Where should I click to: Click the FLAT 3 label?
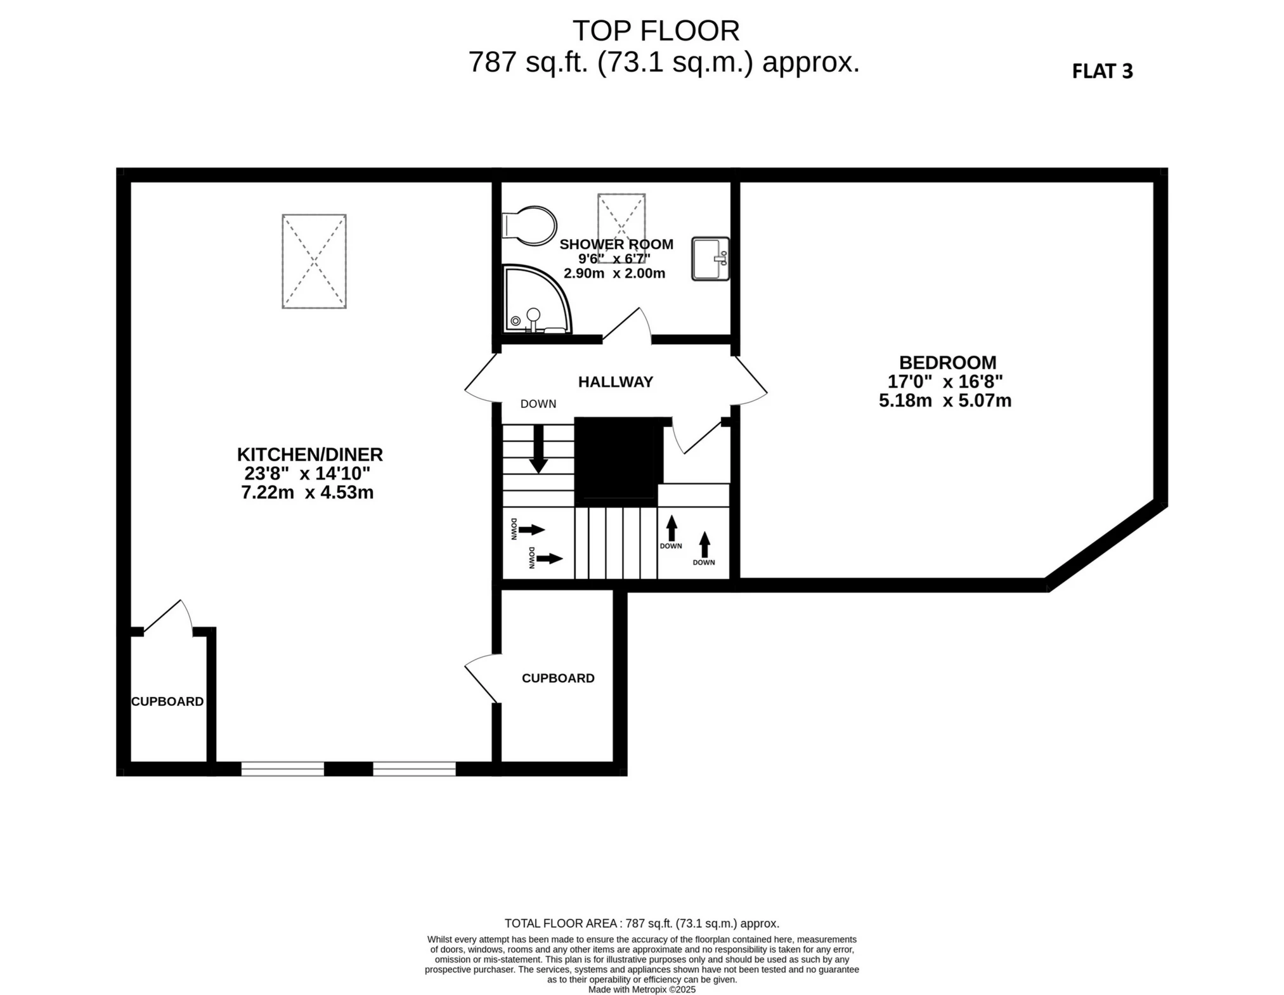pyautogui.click(x=1101, y=71)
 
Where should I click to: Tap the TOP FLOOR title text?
pyautogui.click(x=656, y=30)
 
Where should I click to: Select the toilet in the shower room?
pyautogui.click(x=529, y=225)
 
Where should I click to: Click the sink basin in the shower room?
pyautogui.click(x=710, y=259)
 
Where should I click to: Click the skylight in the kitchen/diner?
pyautogui.click(x=314, y=261)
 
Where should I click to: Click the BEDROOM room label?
pyautogui.click(x=947, y=363)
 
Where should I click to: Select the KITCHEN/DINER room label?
pyautogui.click(x=309, y=455)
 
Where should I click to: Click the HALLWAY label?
pyautogui.click(x=615, y=382)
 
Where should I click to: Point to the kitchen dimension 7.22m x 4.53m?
pyautogui.click(x=307, y=492)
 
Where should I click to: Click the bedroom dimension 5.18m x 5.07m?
pyautogui.click(x=945, y=401)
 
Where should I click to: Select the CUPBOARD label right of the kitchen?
pyautogui.click(x=557, y=678)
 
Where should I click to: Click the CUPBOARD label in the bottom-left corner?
pyautogui.click(x=167, y=701)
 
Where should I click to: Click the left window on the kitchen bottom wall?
pyautogui.click(x=282, y=769)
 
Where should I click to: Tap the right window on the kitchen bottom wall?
pyautogui.click(x=414, y=769)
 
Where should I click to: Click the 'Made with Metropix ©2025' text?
pyautogui.click(x=641, y=989)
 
